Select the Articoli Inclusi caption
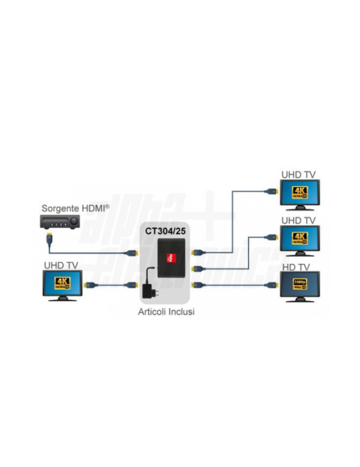166,312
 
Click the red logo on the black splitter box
172,256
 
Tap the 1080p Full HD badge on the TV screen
299,283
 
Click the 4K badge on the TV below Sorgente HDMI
62,283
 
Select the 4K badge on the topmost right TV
299,192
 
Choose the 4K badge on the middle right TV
299,238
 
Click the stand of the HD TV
299,300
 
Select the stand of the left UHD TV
63,299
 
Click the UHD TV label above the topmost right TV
298,175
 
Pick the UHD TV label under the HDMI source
61,265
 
